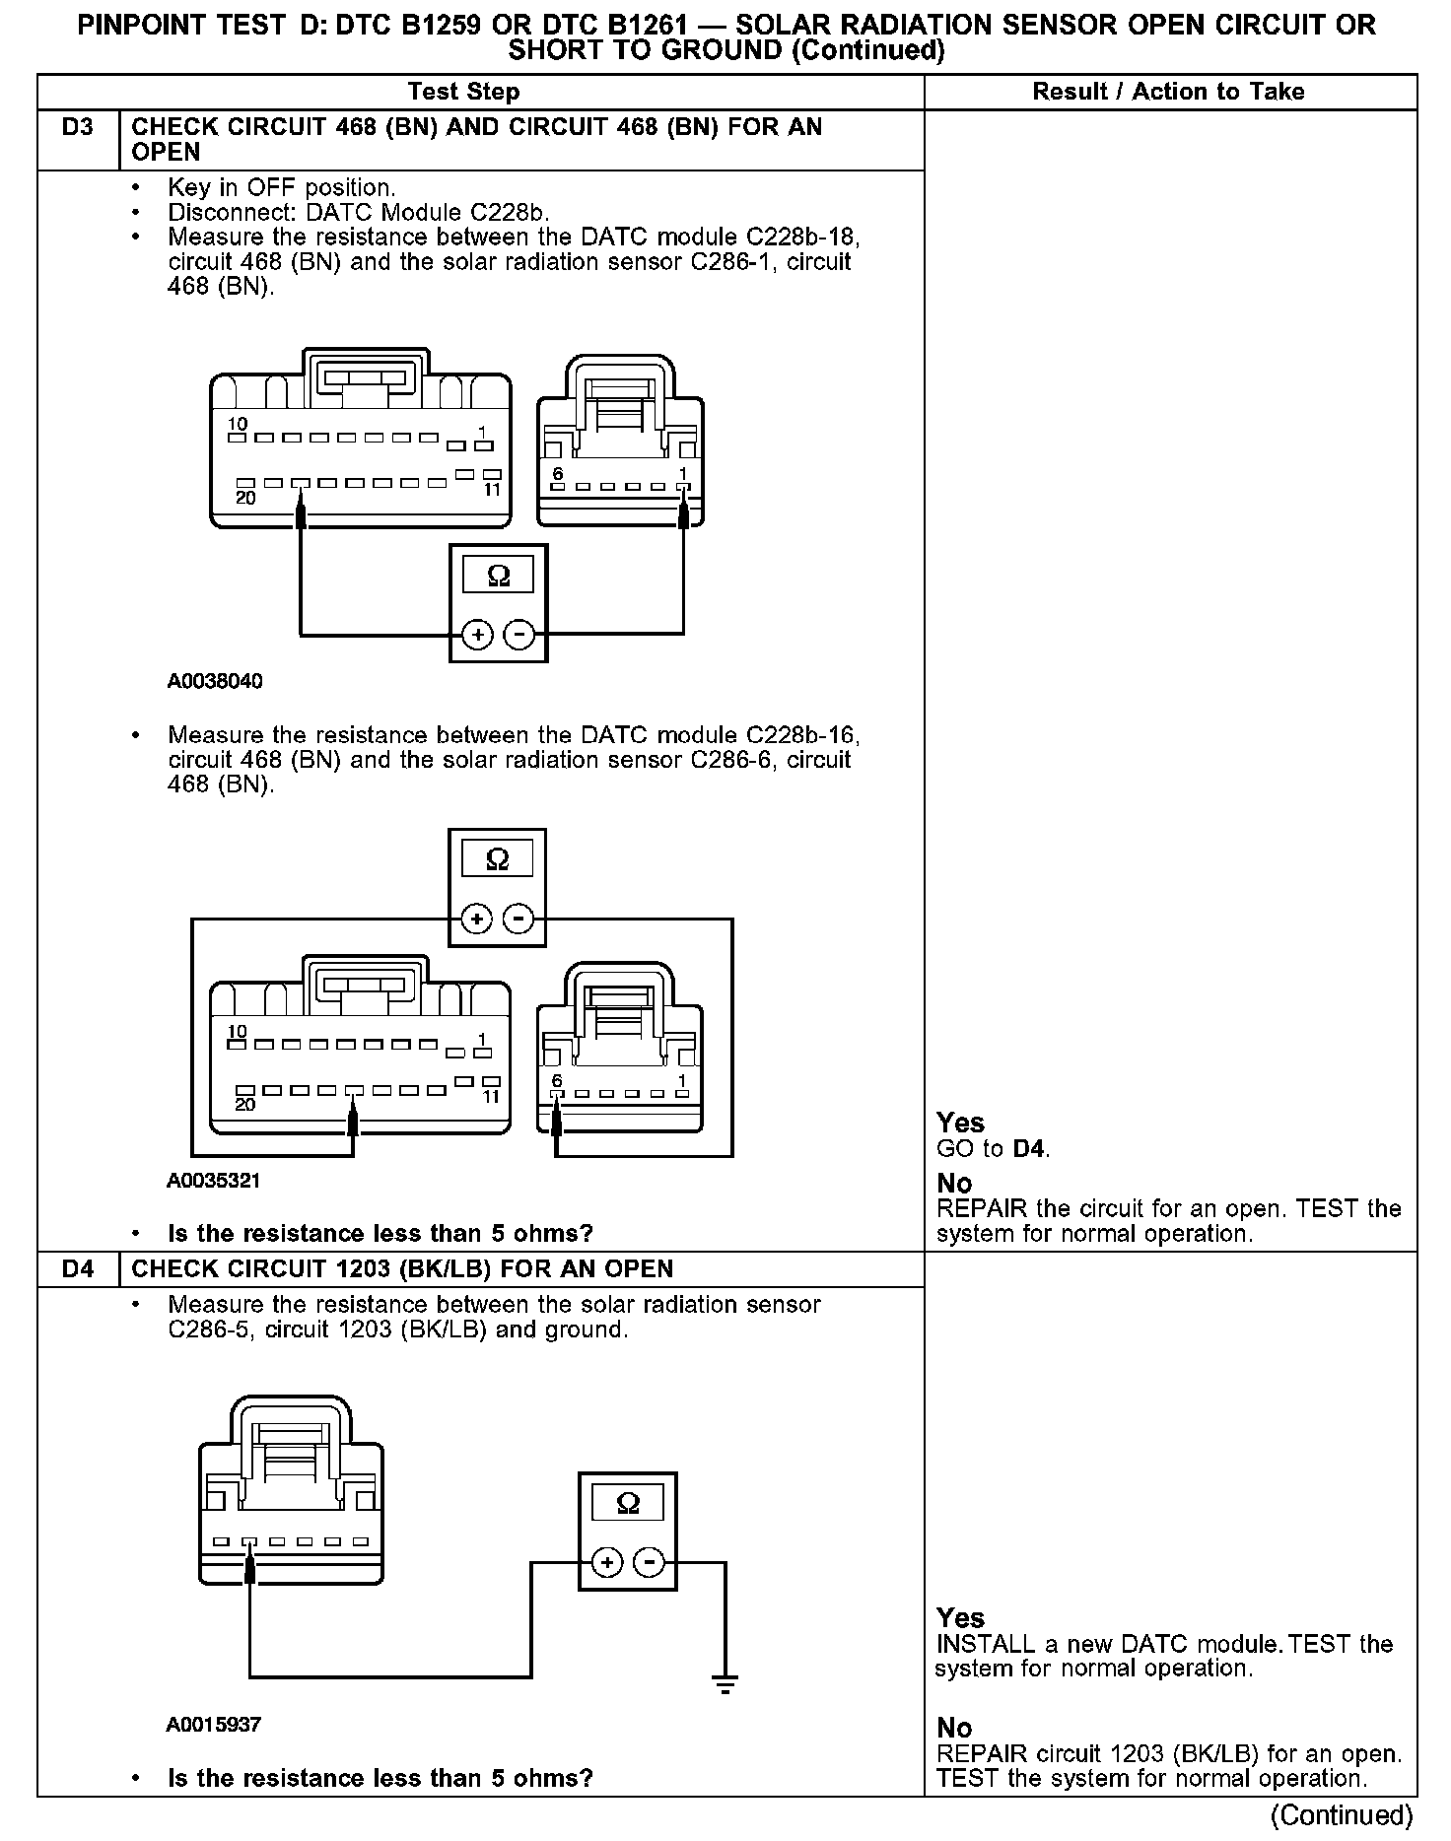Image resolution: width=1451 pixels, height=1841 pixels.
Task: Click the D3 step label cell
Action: (x=78, y=128)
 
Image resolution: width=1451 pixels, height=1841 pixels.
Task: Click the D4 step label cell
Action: (x=78, y=1269)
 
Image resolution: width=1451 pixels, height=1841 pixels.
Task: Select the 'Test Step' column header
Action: (x=463, y=92)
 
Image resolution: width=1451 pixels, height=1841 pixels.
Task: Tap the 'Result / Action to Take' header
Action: (x=1168, y=92)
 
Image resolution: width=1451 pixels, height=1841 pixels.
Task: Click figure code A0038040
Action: (x=215, y=681)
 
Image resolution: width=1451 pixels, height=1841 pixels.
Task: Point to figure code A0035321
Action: (x=214, y=1180)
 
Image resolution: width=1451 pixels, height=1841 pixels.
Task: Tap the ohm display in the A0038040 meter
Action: (x=499, y=577)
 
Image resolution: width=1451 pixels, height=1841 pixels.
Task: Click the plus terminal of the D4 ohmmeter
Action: (x=607, y=1563)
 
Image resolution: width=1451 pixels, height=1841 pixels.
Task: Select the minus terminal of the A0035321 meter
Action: (x=518, y=920)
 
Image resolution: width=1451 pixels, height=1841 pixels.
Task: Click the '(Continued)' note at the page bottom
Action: (x=1342, y=1815)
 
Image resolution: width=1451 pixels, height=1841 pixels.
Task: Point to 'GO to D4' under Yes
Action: (x=993, y=1148)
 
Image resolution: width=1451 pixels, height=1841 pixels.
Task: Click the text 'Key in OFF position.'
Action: (x=281, y=187)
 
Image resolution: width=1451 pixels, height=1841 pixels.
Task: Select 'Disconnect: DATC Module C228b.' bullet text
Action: (x=359, y=212)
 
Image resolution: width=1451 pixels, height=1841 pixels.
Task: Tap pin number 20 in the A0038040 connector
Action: (x=245, y=499)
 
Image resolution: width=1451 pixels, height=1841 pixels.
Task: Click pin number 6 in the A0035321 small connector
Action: (x=557, y=1081)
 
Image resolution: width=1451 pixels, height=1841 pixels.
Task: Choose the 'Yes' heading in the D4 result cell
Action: (x=960, y=1618)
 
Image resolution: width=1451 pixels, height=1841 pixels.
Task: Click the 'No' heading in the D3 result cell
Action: (x=954, y=1183)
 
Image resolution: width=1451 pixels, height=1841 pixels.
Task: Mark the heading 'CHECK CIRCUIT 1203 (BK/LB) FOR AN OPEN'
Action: (x=402, y=1269)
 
